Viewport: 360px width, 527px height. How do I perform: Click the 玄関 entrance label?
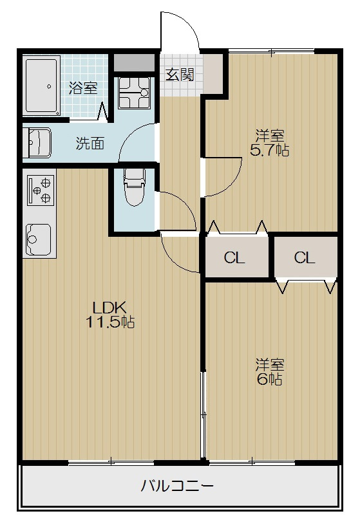[180, 75]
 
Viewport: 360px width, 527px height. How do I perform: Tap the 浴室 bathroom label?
[83, 88]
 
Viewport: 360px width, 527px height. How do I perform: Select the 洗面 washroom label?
[90, 143]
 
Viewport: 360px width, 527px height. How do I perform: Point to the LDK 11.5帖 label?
[110, 315]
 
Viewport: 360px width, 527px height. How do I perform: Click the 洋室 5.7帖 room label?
[269, 143]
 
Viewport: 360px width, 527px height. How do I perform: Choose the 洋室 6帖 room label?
[269, 371]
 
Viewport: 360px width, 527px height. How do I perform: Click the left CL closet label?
[234, 258]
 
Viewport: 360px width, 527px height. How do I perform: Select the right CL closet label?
[305, 258]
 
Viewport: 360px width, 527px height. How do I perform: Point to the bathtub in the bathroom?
[42, 86]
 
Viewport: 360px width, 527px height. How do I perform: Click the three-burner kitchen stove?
[40, 187]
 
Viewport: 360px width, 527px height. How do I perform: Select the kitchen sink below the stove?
[39, 239]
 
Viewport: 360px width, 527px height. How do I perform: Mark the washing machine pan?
[135, 93]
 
